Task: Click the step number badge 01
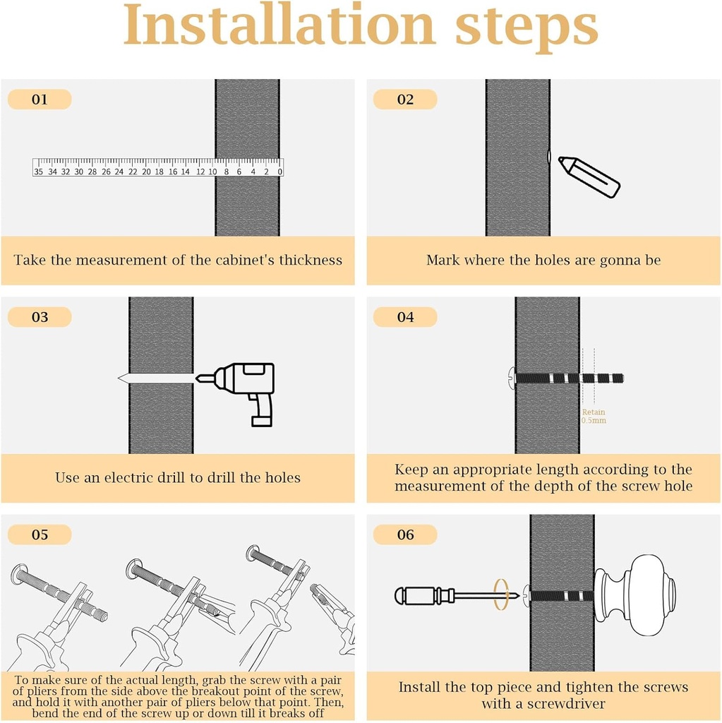40,100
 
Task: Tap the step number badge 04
405,317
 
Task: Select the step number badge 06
405,535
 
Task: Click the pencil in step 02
589,177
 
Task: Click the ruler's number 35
38,172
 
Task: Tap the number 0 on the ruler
280,172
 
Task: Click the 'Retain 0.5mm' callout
594,417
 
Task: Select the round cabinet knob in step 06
635,595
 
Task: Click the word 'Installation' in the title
279,25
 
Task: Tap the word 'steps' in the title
527,28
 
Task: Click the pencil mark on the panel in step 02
548,157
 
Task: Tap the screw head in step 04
512,378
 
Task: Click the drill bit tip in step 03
119,378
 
